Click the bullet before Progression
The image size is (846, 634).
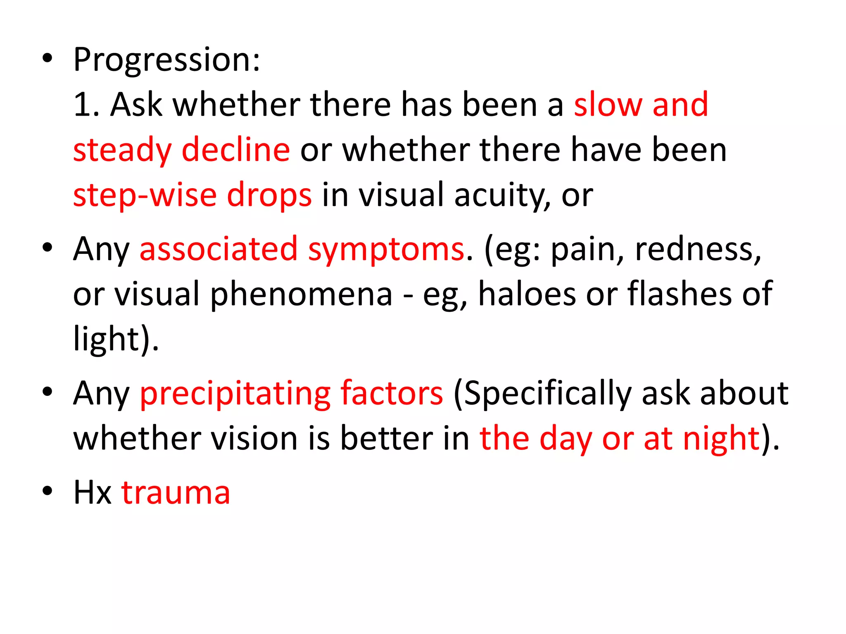48,59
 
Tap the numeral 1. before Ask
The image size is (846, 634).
86,105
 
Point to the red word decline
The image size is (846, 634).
236,150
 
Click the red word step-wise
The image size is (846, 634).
145,195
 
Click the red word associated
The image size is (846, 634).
219,249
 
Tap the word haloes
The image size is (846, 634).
527,294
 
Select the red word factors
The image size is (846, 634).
392,393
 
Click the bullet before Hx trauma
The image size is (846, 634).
48,491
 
